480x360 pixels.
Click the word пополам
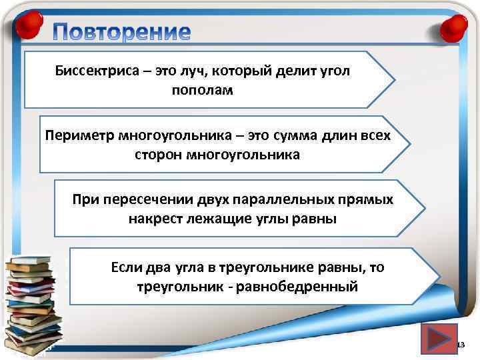[x=203, y=89]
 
